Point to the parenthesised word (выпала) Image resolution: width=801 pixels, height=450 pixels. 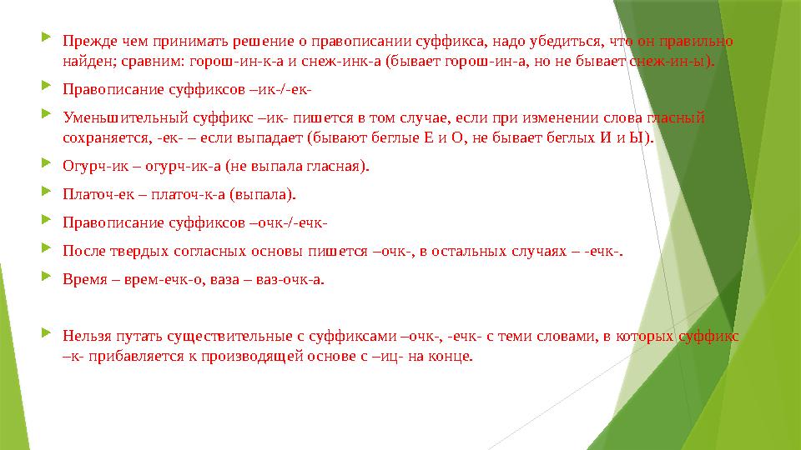pos(266,195)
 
